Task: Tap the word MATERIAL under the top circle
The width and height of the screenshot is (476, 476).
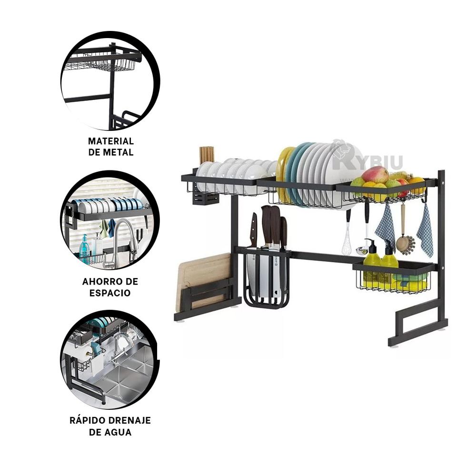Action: (111, 141)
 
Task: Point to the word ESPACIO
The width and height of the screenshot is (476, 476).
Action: (110, 293)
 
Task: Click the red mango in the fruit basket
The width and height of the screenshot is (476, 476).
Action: (375, 175)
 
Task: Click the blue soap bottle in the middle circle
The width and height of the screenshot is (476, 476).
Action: (85, 248)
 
